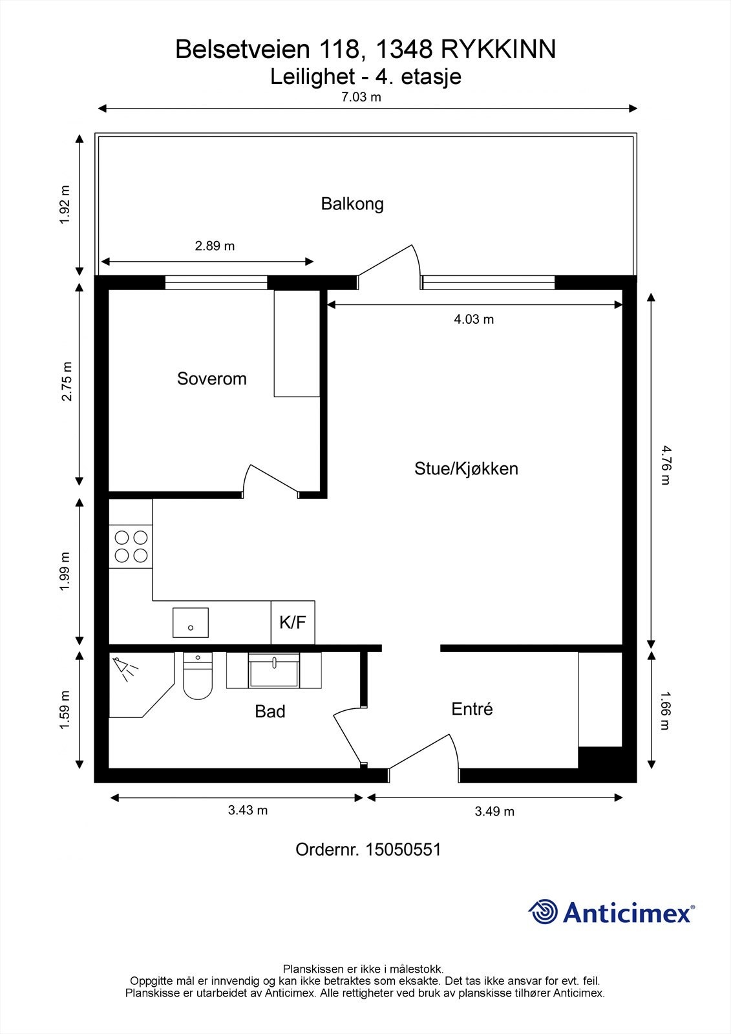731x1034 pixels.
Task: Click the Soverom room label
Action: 212,379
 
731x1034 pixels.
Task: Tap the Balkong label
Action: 352,204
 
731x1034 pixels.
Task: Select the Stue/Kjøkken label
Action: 467,469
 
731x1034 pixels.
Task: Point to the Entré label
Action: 472,708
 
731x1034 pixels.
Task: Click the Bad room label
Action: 270,712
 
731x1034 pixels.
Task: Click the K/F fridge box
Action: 293,622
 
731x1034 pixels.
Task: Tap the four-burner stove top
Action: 131,547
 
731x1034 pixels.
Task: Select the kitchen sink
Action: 190,623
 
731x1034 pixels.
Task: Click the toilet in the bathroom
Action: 198,675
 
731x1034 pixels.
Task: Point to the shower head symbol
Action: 125,668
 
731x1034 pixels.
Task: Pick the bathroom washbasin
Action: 274,670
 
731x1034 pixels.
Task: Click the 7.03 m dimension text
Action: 361,97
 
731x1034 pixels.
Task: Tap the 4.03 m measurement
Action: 474,319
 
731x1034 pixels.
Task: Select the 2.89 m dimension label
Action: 215,246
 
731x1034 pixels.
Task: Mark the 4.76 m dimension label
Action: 666,465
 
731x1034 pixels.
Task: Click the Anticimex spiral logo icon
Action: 543,912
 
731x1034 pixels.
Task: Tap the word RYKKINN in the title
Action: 499,50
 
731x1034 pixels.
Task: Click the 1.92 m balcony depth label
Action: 65,205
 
